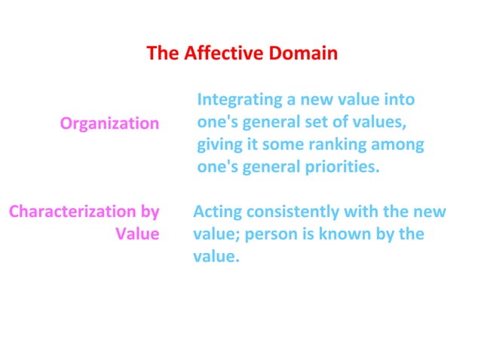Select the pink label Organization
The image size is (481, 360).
click(x=110, y=123)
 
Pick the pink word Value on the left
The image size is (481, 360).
click(x=137, y=233)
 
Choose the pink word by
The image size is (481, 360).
click(x=150, y=212)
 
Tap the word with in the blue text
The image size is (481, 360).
click(x=360, y=212)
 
